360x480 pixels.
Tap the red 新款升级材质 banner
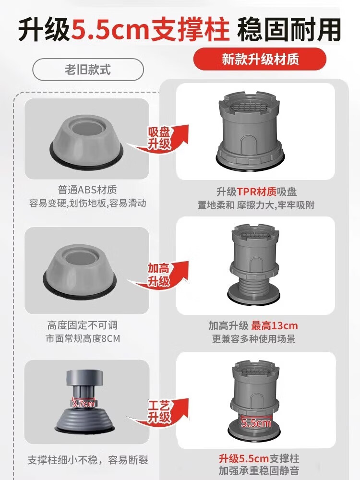260,59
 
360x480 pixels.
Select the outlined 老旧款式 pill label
88,70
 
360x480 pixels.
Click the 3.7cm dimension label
84,404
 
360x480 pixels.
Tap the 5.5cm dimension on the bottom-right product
256,423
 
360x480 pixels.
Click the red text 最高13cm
274,326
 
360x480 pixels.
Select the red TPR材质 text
257,192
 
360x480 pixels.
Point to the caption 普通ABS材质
87,190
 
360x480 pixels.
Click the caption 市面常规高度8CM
83,338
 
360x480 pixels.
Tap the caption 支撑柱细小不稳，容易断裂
88,460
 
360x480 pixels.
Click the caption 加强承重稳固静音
258,470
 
